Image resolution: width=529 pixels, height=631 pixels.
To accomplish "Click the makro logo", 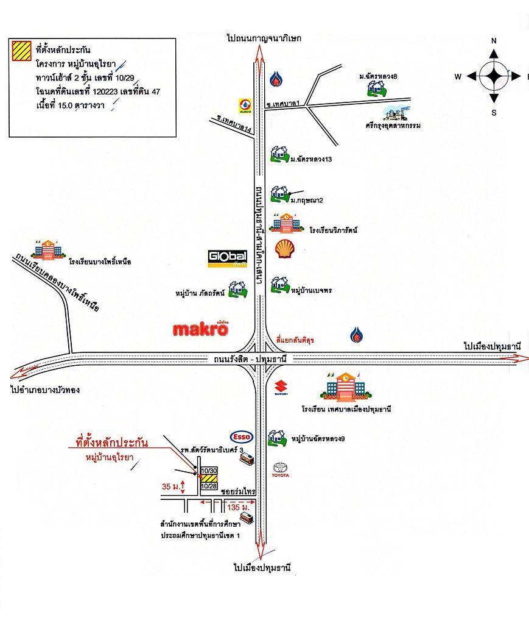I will pos(200,329).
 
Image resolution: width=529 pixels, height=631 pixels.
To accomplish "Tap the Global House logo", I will pos(224,258).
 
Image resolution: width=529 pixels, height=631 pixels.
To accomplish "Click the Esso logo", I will pos(241,437).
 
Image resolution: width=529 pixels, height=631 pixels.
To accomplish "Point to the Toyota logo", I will pos(281,469).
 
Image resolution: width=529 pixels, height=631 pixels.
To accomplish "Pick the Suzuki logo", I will pos(280,388).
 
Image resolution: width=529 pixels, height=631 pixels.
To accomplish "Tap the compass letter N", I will pos(494,41).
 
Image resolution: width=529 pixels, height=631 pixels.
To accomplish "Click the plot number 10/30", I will pos(208,471).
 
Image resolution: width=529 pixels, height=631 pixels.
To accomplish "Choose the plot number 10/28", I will pos(208,486).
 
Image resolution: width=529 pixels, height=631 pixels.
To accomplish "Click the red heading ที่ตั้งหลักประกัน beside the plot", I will pos(111,441).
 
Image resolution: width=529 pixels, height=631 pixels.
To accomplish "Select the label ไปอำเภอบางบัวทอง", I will pos(46,389).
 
